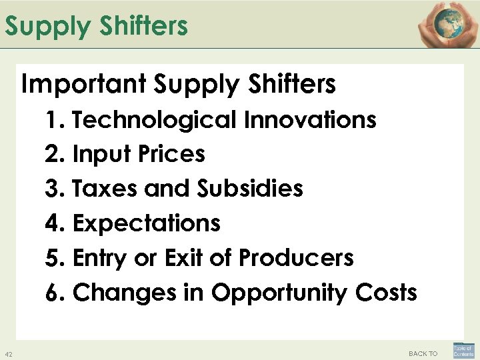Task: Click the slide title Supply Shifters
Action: (97, 27)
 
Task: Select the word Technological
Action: (153, 120)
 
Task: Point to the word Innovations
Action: (309, 120)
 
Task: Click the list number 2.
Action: (52, 155)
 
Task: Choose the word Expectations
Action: (146, 223)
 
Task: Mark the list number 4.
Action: (52, 223)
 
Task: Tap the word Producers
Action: (296, 257)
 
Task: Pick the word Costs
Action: (385, 292)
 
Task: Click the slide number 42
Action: (8, 353)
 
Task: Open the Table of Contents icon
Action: (463, 351)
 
